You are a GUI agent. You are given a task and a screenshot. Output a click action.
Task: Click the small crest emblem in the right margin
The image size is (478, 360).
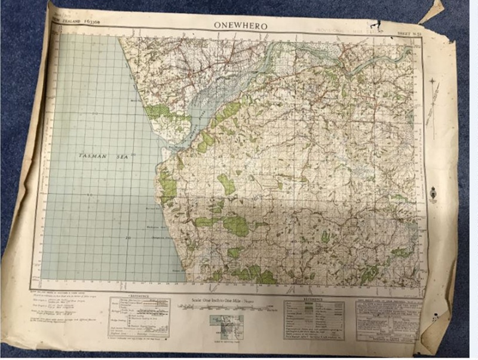pos(436,193)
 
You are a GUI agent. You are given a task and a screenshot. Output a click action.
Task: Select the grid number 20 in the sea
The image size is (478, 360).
pos(127,238)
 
